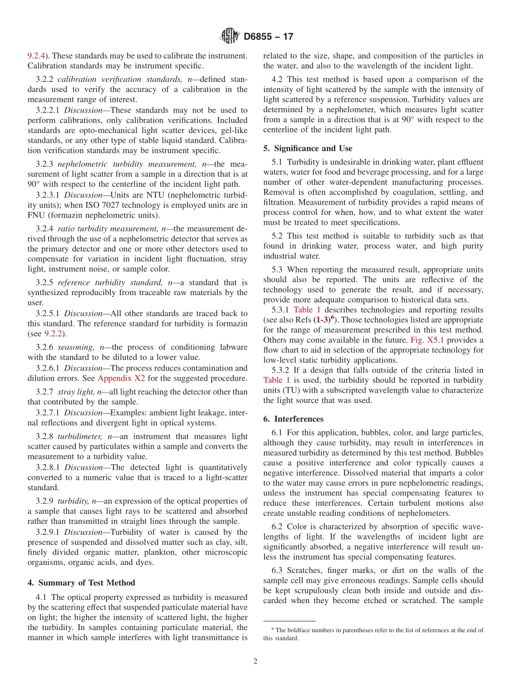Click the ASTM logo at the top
(229, 37)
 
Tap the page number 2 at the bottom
(256, 661)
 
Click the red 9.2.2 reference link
(52, 333)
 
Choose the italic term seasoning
(76, 347)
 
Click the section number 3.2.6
(45, 347)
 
